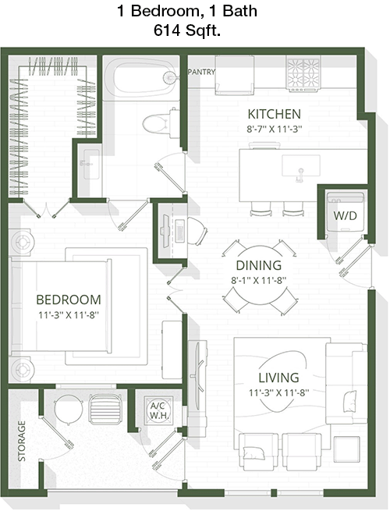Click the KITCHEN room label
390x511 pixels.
tap(274, 114)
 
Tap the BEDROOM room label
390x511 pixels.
tap(69, 300)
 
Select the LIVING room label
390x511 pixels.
tap(278, 378)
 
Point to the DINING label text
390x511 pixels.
tap(259, 265)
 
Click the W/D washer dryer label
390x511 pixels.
tap(345, 215)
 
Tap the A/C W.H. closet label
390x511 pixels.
tap(158, 410)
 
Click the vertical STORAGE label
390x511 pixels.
tap(22, 441)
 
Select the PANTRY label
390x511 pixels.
tap(202, 72)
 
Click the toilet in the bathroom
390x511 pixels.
tap(161, 122)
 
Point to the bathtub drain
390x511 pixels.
tap(169, 77)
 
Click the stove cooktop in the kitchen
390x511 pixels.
tap(303, 73)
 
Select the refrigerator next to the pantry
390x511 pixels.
tap(234, 75)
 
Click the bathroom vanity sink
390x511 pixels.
tap(91, 165)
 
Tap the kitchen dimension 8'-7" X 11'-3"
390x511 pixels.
tap(274, 129)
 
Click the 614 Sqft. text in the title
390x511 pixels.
tap(187, 30)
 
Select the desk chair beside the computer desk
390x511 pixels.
tap(197, 230)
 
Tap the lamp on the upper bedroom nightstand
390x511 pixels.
tap(23, 242)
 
